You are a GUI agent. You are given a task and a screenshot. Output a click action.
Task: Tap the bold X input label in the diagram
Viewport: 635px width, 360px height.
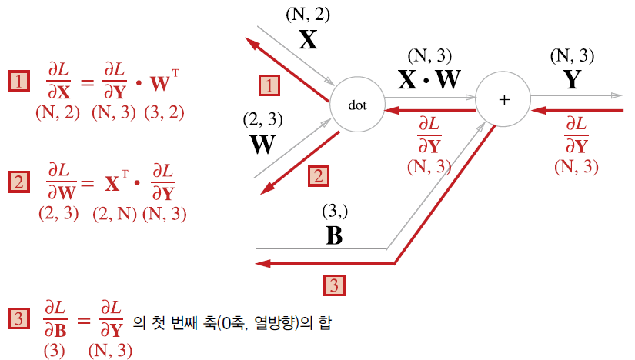308,40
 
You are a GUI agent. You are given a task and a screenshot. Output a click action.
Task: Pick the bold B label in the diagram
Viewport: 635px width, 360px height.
334,235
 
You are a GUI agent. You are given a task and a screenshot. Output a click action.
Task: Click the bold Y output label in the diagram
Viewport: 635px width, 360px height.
571,80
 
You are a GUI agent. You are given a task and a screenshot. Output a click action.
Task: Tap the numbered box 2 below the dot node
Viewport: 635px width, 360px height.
316,176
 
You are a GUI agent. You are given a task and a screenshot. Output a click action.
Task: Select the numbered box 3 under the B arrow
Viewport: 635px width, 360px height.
333,285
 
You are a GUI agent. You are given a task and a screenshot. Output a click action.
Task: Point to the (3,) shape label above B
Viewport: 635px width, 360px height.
333,212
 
